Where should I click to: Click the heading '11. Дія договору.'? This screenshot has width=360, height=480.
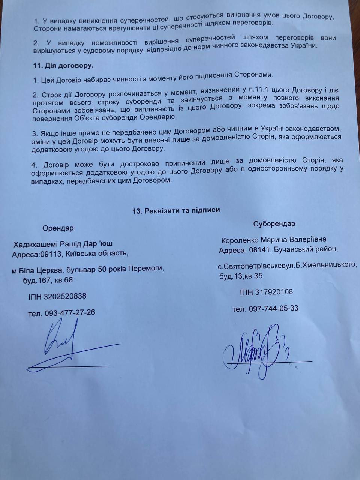pyautogui.click(x=63, y=65)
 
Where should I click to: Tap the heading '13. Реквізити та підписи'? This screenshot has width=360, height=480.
pyautogui.click(x=176, y=210)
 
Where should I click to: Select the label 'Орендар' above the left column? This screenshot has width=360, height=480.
pyautogui.click(x=58, y=228)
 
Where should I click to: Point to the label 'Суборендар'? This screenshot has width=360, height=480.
pyautogui.click(x=274, y=224)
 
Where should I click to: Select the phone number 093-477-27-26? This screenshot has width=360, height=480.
pyautogui.click(x=70, y=312)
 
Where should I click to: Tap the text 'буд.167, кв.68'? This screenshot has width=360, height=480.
pyautogui.click(x=46, y=280)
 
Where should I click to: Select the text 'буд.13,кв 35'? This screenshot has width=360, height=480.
pyautogui.click(x=241, y=276)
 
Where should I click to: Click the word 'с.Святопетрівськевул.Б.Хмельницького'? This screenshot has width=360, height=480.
pyautogui.click(x=287, y=265)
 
